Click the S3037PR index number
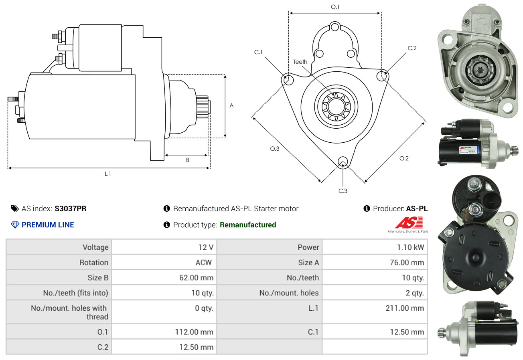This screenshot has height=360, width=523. tap(70, 208)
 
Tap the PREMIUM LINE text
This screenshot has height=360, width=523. tap(48, 225)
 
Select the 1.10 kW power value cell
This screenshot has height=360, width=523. tap(410, 247)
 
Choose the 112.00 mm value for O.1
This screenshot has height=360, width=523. tap(195, 332)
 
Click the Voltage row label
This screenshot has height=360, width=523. tap(95, 247)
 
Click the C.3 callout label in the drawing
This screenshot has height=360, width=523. tap(343, 191)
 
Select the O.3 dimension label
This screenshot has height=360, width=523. tap(274, 149)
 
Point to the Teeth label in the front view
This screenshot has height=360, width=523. tap(300, 62)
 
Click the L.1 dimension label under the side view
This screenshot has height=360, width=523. tap(107, 174)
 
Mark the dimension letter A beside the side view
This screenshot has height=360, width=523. tap(231, 105)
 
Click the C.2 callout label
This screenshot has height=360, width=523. tap(412, 48)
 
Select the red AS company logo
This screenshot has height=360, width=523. tap(409, 222)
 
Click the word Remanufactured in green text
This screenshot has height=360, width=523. tap(248, 225)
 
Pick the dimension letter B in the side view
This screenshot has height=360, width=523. tap(187, 160)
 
